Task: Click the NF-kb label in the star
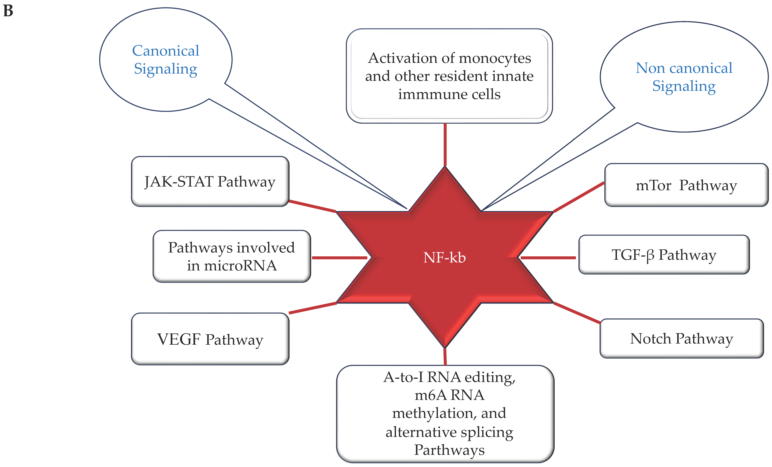coord(444,257)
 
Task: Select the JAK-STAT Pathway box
coord(210,182)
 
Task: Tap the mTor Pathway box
coord(686,185)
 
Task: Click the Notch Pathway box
coord(681,339)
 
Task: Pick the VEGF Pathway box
coord(210,339)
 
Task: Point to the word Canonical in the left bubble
coord(165,51)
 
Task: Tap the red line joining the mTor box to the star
coord(579,197)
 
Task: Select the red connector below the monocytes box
coord(445,144)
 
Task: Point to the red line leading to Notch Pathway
coord(577,313)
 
